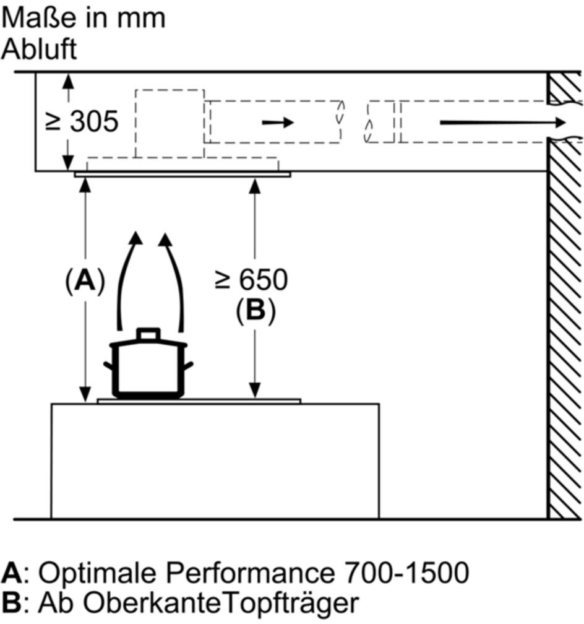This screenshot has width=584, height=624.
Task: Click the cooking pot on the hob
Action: tap(148, 368)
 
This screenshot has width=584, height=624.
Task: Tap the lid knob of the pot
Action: tap(148, 334)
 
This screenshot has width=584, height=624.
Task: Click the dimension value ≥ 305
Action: tap(82, 122)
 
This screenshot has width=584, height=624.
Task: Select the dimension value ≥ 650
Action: tap(251, 280)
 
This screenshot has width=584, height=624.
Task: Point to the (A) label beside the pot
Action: tap(85, 281)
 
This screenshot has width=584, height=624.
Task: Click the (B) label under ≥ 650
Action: tap(254, 311)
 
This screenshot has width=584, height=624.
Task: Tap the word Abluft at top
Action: tap(39, 49)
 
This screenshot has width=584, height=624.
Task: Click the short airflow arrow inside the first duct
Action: tap(278, 123)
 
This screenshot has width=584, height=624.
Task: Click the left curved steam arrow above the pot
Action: tap(128, 279)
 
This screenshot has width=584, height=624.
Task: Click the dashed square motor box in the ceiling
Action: tap(169, 123)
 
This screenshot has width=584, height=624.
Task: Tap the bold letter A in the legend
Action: tap(11, 573)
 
